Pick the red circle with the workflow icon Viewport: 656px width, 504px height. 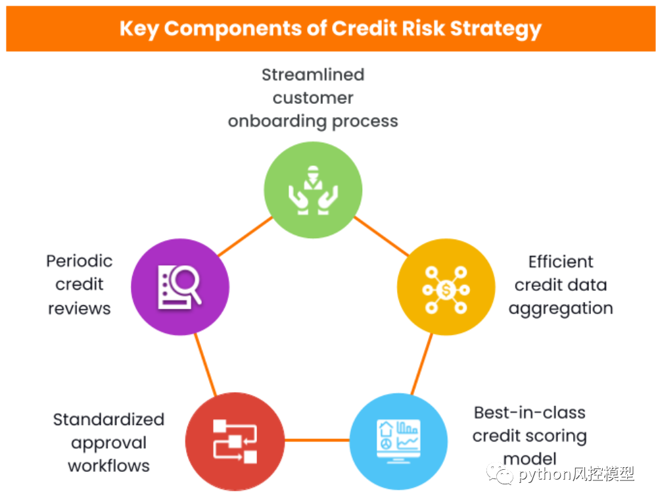(235, 440)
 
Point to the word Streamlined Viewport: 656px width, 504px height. (313, 74)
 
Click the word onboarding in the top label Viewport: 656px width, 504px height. (275, 121)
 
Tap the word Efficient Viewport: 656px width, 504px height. (561, 261)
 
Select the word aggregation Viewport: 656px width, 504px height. (561, 308)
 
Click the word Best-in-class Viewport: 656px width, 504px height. (530, 413)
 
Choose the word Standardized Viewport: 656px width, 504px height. (108, 419)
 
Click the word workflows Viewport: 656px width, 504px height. (108, 466)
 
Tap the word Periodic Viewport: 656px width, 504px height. (79, 261)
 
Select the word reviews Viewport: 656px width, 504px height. (79, 308)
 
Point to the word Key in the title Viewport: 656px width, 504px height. (139, 29)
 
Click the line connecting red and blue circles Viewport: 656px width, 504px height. (316, 440)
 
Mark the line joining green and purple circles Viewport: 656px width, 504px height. (245, 236)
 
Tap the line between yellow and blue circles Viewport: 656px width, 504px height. (422, 364)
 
